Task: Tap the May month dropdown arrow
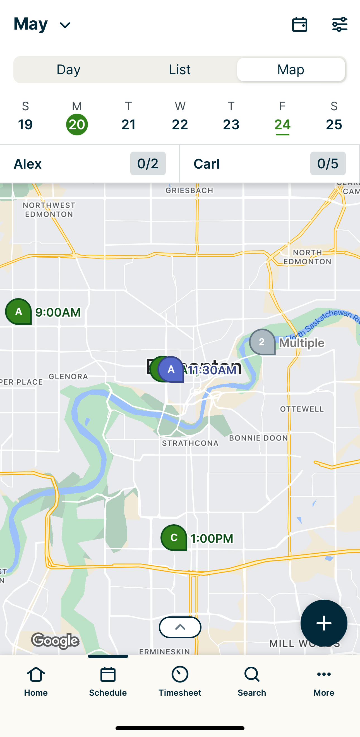(x=65, y=25)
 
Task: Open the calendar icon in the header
(x=299, y=24)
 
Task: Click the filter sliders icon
(x=339, y=24)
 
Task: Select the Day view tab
(x=69, y=70)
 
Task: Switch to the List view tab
(x=179, y=70)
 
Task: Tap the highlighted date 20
(x=77, y=125)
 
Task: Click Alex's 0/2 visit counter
(x=148, y=164)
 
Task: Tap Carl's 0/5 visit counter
(x=328, y=164)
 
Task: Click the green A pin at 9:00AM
(x=19, y=312)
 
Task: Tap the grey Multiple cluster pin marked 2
(x=262, y=342)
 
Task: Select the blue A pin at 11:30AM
(x=171, y=369)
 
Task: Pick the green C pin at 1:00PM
(x=174, y=538)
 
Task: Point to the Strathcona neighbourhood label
(x=190, y=443)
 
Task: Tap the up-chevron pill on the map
(x=180, y=627)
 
